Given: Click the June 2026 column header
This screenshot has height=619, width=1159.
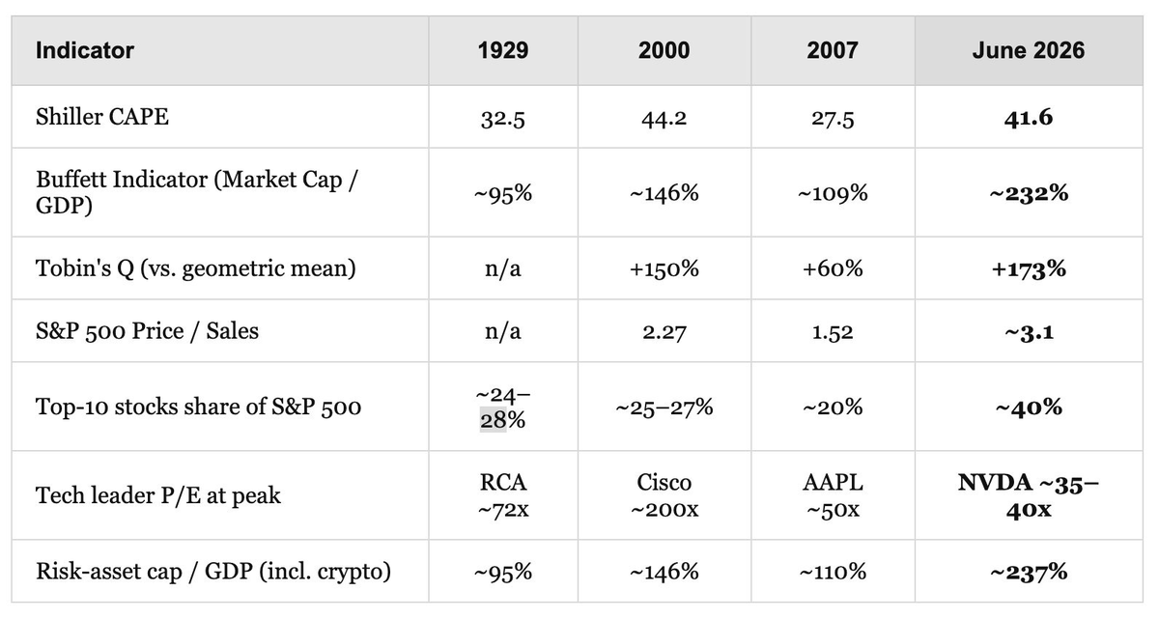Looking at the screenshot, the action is (x=1028, y=50).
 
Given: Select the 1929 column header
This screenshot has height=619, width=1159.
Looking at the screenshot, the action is (x=503, y=50).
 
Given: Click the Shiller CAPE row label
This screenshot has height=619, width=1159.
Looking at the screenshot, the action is (x=102, y=116).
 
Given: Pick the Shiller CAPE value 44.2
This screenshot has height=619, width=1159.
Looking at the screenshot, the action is (x=664, y=119).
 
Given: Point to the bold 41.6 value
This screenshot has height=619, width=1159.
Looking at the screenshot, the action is (x=1028, y=118).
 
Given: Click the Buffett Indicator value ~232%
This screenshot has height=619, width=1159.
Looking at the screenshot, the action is (x=1028, y=193).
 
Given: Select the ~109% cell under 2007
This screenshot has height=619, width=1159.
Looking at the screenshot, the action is (x=832, y=193).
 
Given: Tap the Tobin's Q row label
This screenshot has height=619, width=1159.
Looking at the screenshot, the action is (x=195, y=268).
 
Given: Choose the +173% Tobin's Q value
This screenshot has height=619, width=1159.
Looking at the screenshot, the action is (x=1028, y=268).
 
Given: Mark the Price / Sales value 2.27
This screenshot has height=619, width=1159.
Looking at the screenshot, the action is (x=664, y=331).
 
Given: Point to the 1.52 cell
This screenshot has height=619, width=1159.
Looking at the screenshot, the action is (x=832, y=331).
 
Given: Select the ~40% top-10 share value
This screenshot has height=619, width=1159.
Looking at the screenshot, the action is (x=1028, y=407).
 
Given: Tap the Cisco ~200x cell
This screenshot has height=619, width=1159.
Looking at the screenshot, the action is (x=664, y=495).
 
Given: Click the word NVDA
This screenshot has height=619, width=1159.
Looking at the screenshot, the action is (x=995, y=483).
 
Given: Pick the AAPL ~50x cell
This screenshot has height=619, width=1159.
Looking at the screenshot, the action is (x=832, y=495).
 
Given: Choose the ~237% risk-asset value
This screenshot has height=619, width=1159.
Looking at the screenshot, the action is (x=1028, y=572).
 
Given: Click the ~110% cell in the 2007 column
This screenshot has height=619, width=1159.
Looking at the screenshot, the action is (x=832, y=572).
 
